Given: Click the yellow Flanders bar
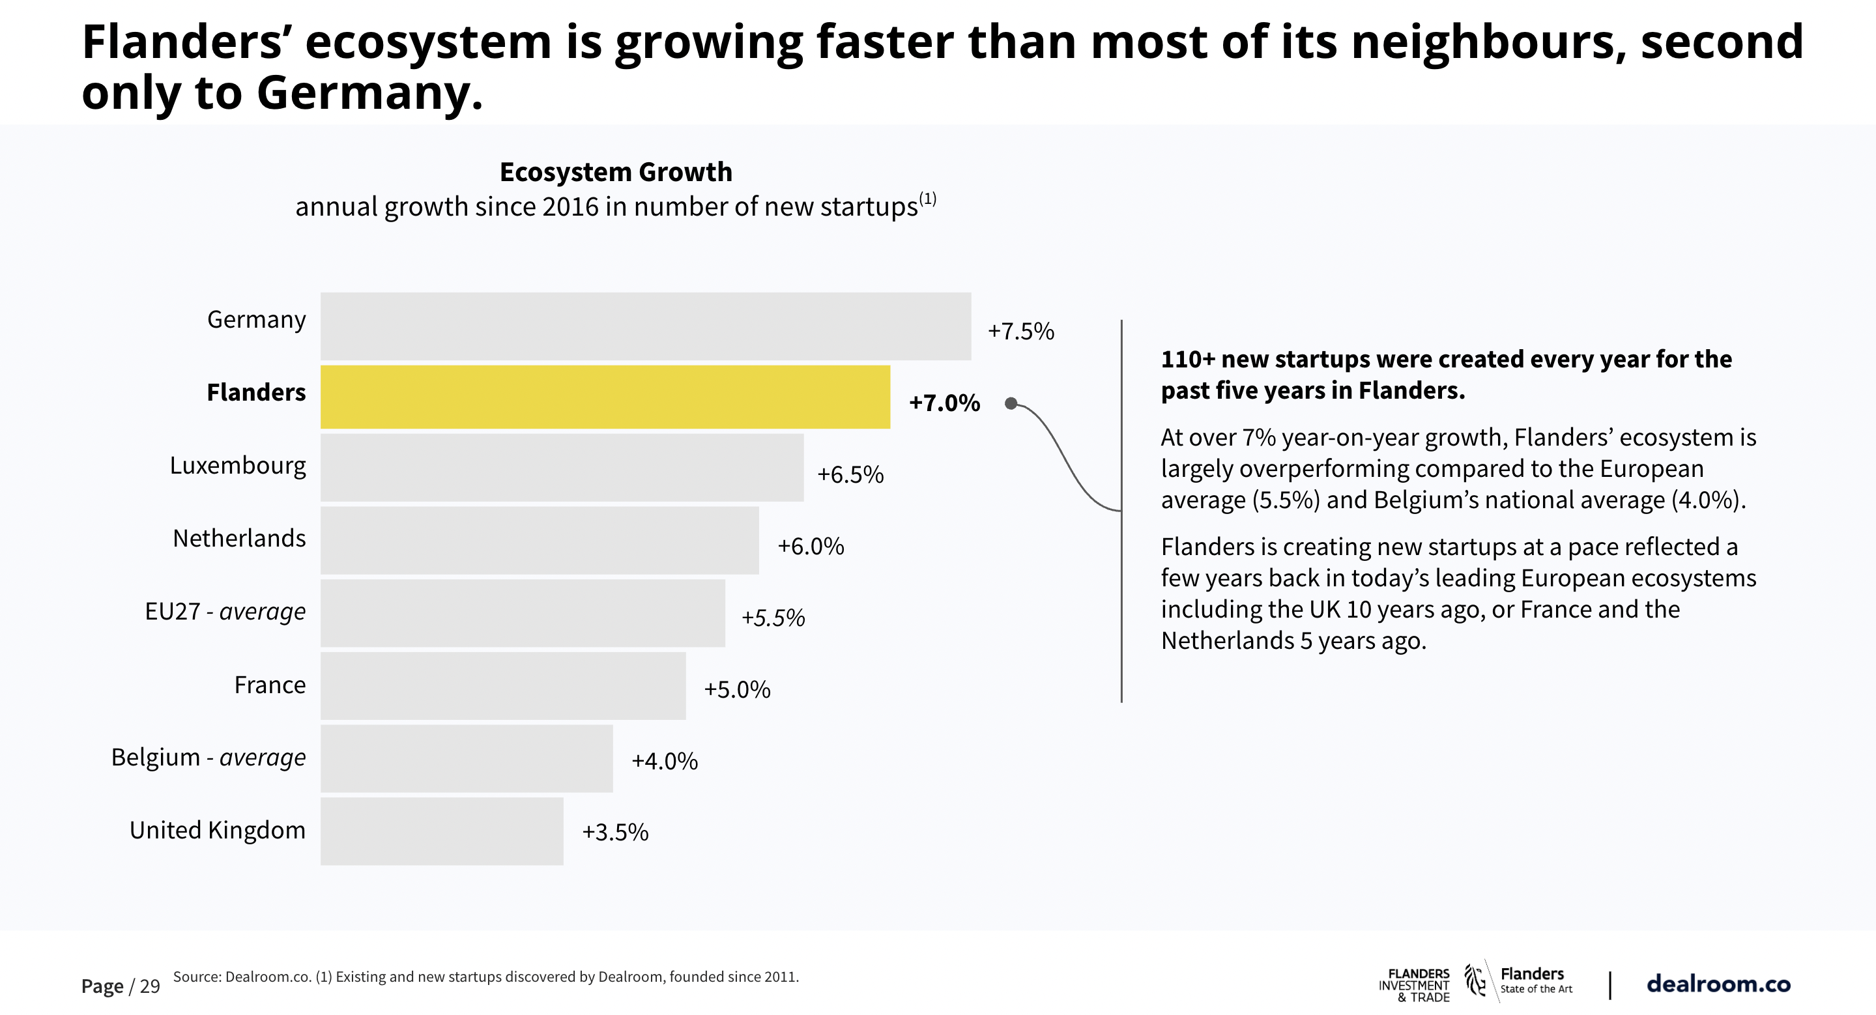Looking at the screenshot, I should pos(605,397).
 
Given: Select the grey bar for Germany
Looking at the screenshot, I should pos(645,326).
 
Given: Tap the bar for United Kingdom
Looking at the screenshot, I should pos(441,831).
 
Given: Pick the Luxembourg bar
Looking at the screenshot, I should pos(562,468).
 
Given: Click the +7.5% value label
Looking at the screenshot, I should pos(1020,332).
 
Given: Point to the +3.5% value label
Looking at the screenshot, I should pos(614,831).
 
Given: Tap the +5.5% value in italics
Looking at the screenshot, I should pos(773,618).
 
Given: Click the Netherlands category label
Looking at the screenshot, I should pos(239,538).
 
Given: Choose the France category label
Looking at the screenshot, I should pos(270,685).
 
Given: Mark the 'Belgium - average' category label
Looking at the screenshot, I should pos(209,757).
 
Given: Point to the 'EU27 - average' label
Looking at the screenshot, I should pos(225,611).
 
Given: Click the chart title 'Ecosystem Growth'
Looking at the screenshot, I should pos(615,172).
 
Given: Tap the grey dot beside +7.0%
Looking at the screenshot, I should pos(1011,403).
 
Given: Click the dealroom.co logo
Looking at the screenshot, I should pos(1718,984).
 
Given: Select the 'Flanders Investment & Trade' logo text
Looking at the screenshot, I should pos(1413,985).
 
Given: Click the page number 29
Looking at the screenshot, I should pos(150,986).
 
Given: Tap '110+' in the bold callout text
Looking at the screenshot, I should pos(1187,359).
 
